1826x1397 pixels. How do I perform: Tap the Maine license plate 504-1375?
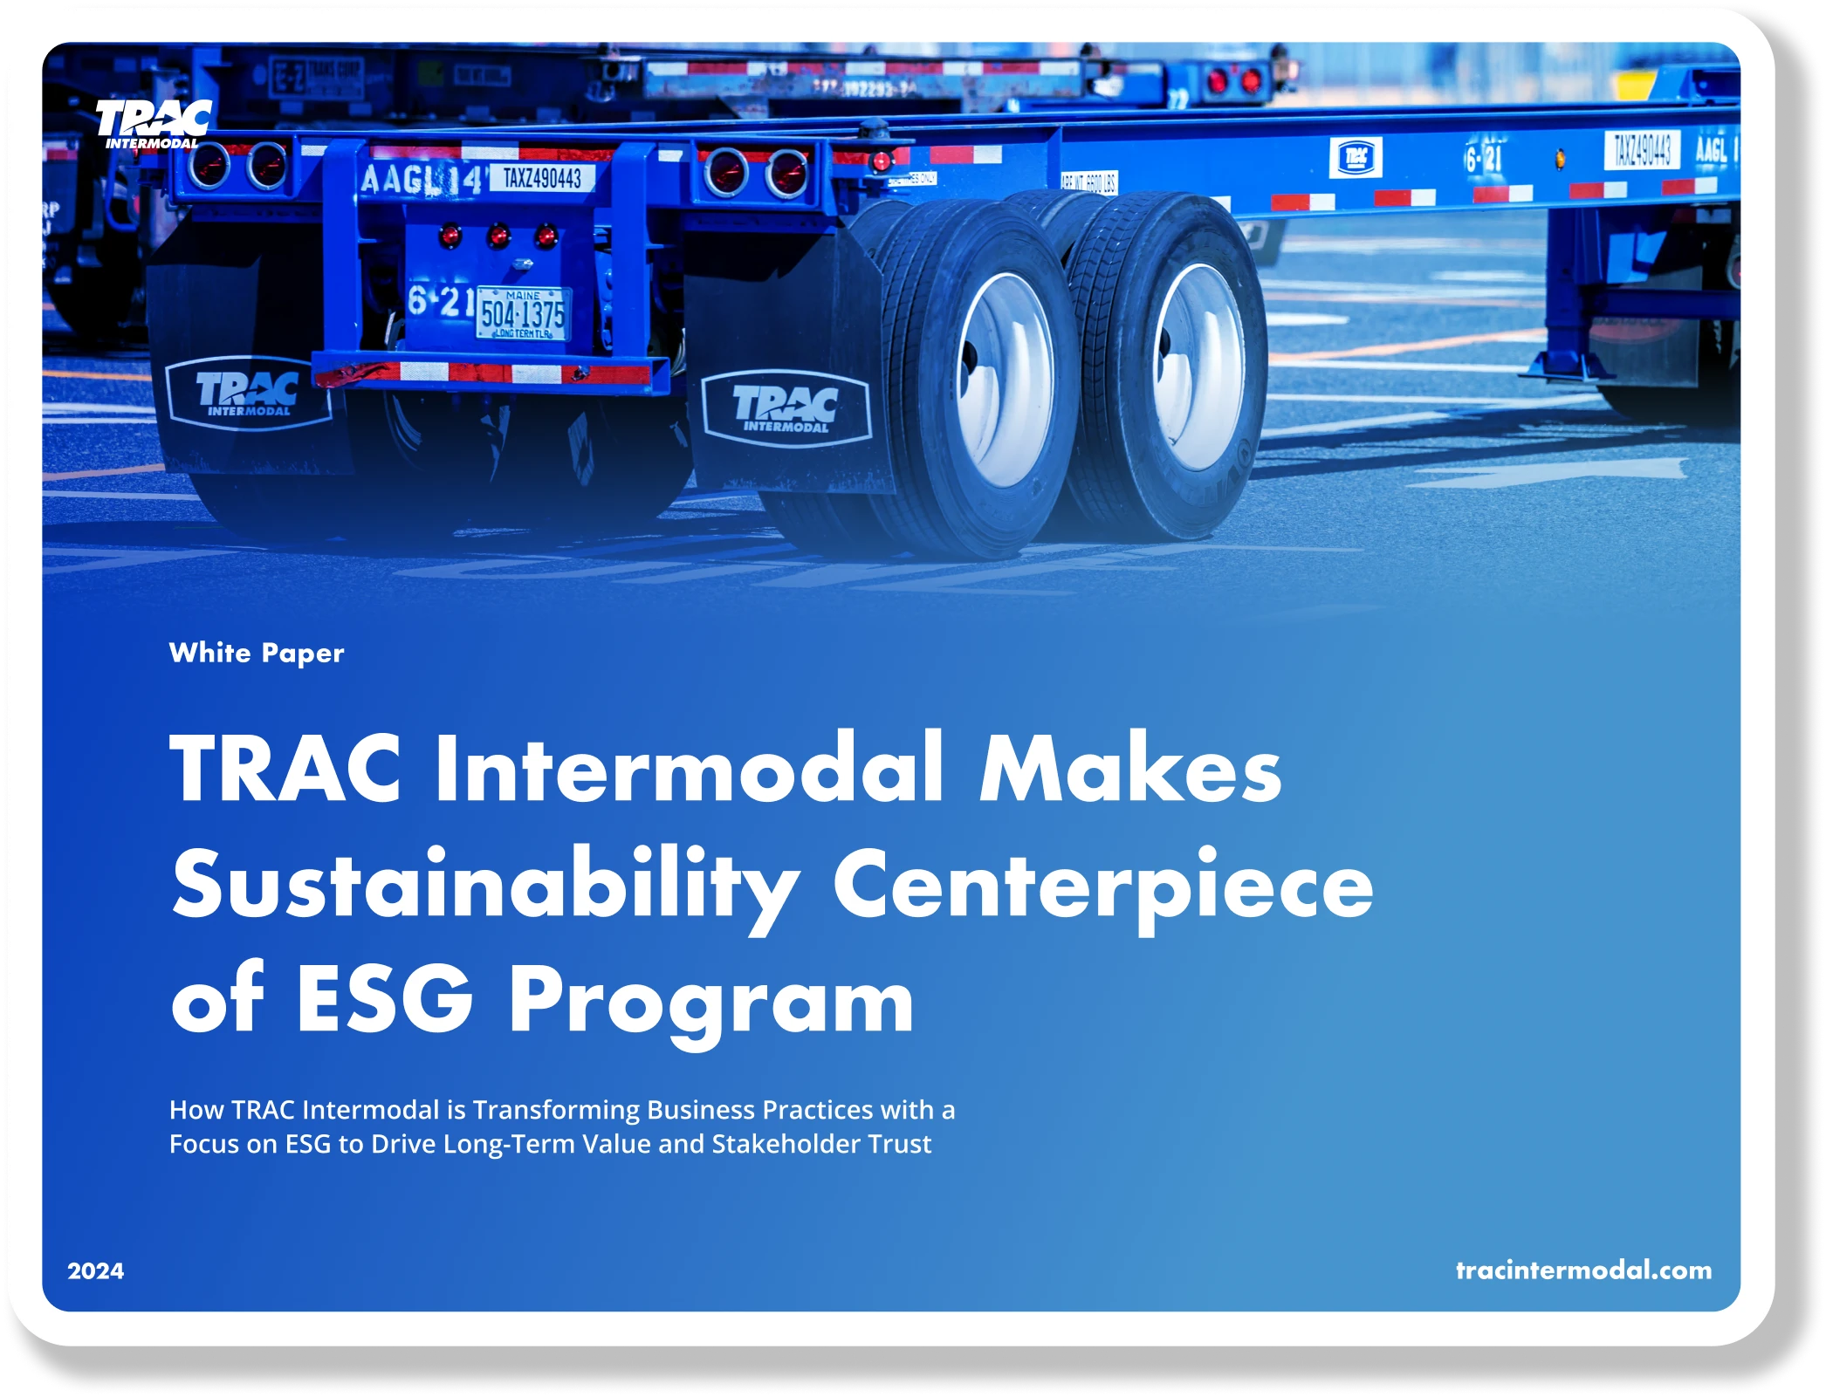pyautogui.click(x=523, y=314)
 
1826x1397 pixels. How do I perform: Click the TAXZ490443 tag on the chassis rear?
pyautogui.click(x=542, y=178)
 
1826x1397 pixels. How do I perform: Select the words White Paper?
pyautogui.click(x=257, y=653)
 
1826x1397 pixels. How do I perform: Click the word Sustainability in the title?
pyautogui.click(x=485, y=885)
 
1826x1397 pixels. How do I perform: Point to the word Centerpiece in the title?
pyautogui.click(x=1102, y=885)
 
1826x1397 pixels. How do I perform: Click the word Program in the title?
pyautogui.click(x=710, y=1002)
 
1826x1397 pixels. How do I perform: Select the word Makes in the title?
pyautogui.click(x=1130, y=769)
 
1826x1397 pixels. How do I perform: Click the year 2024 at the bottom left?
pyautogui.click(x=96, y=1270)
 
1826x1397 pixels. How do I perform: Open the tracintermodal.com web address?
pyautogui.click(x=1583, y=1270)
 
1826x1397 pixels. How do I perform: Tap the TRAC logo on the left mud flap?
pyautogui.click(x=248, y=394)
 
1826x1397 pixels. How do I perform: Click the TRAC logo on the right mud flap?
pyautogui.click(x=786, y=408)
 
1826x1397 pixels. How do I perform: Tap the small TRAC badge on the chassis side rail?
pyautogui.click(x=1355, y=158)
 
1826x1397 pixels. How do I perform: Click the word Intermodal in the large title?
pyautogui.click(x=689, y=769)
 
